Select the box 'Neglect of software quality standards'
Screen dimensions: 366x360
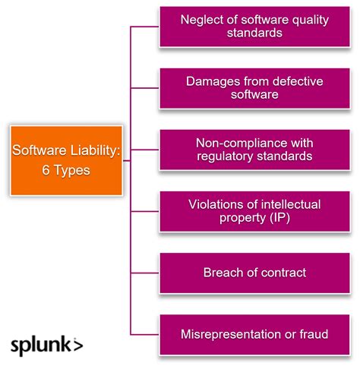pos(254,27)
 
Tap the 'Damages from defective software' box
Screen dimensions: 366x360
pos(254,88)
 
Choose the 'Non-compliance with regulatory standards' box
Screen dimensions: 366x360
pos(254,150)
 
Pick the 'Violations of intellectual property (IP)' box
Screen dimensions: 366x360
pos(254,211)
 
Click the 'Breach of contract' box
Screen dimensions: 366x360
pos(254,272)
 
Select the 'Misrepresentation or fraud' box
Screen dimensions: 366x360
pos(254,333)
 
